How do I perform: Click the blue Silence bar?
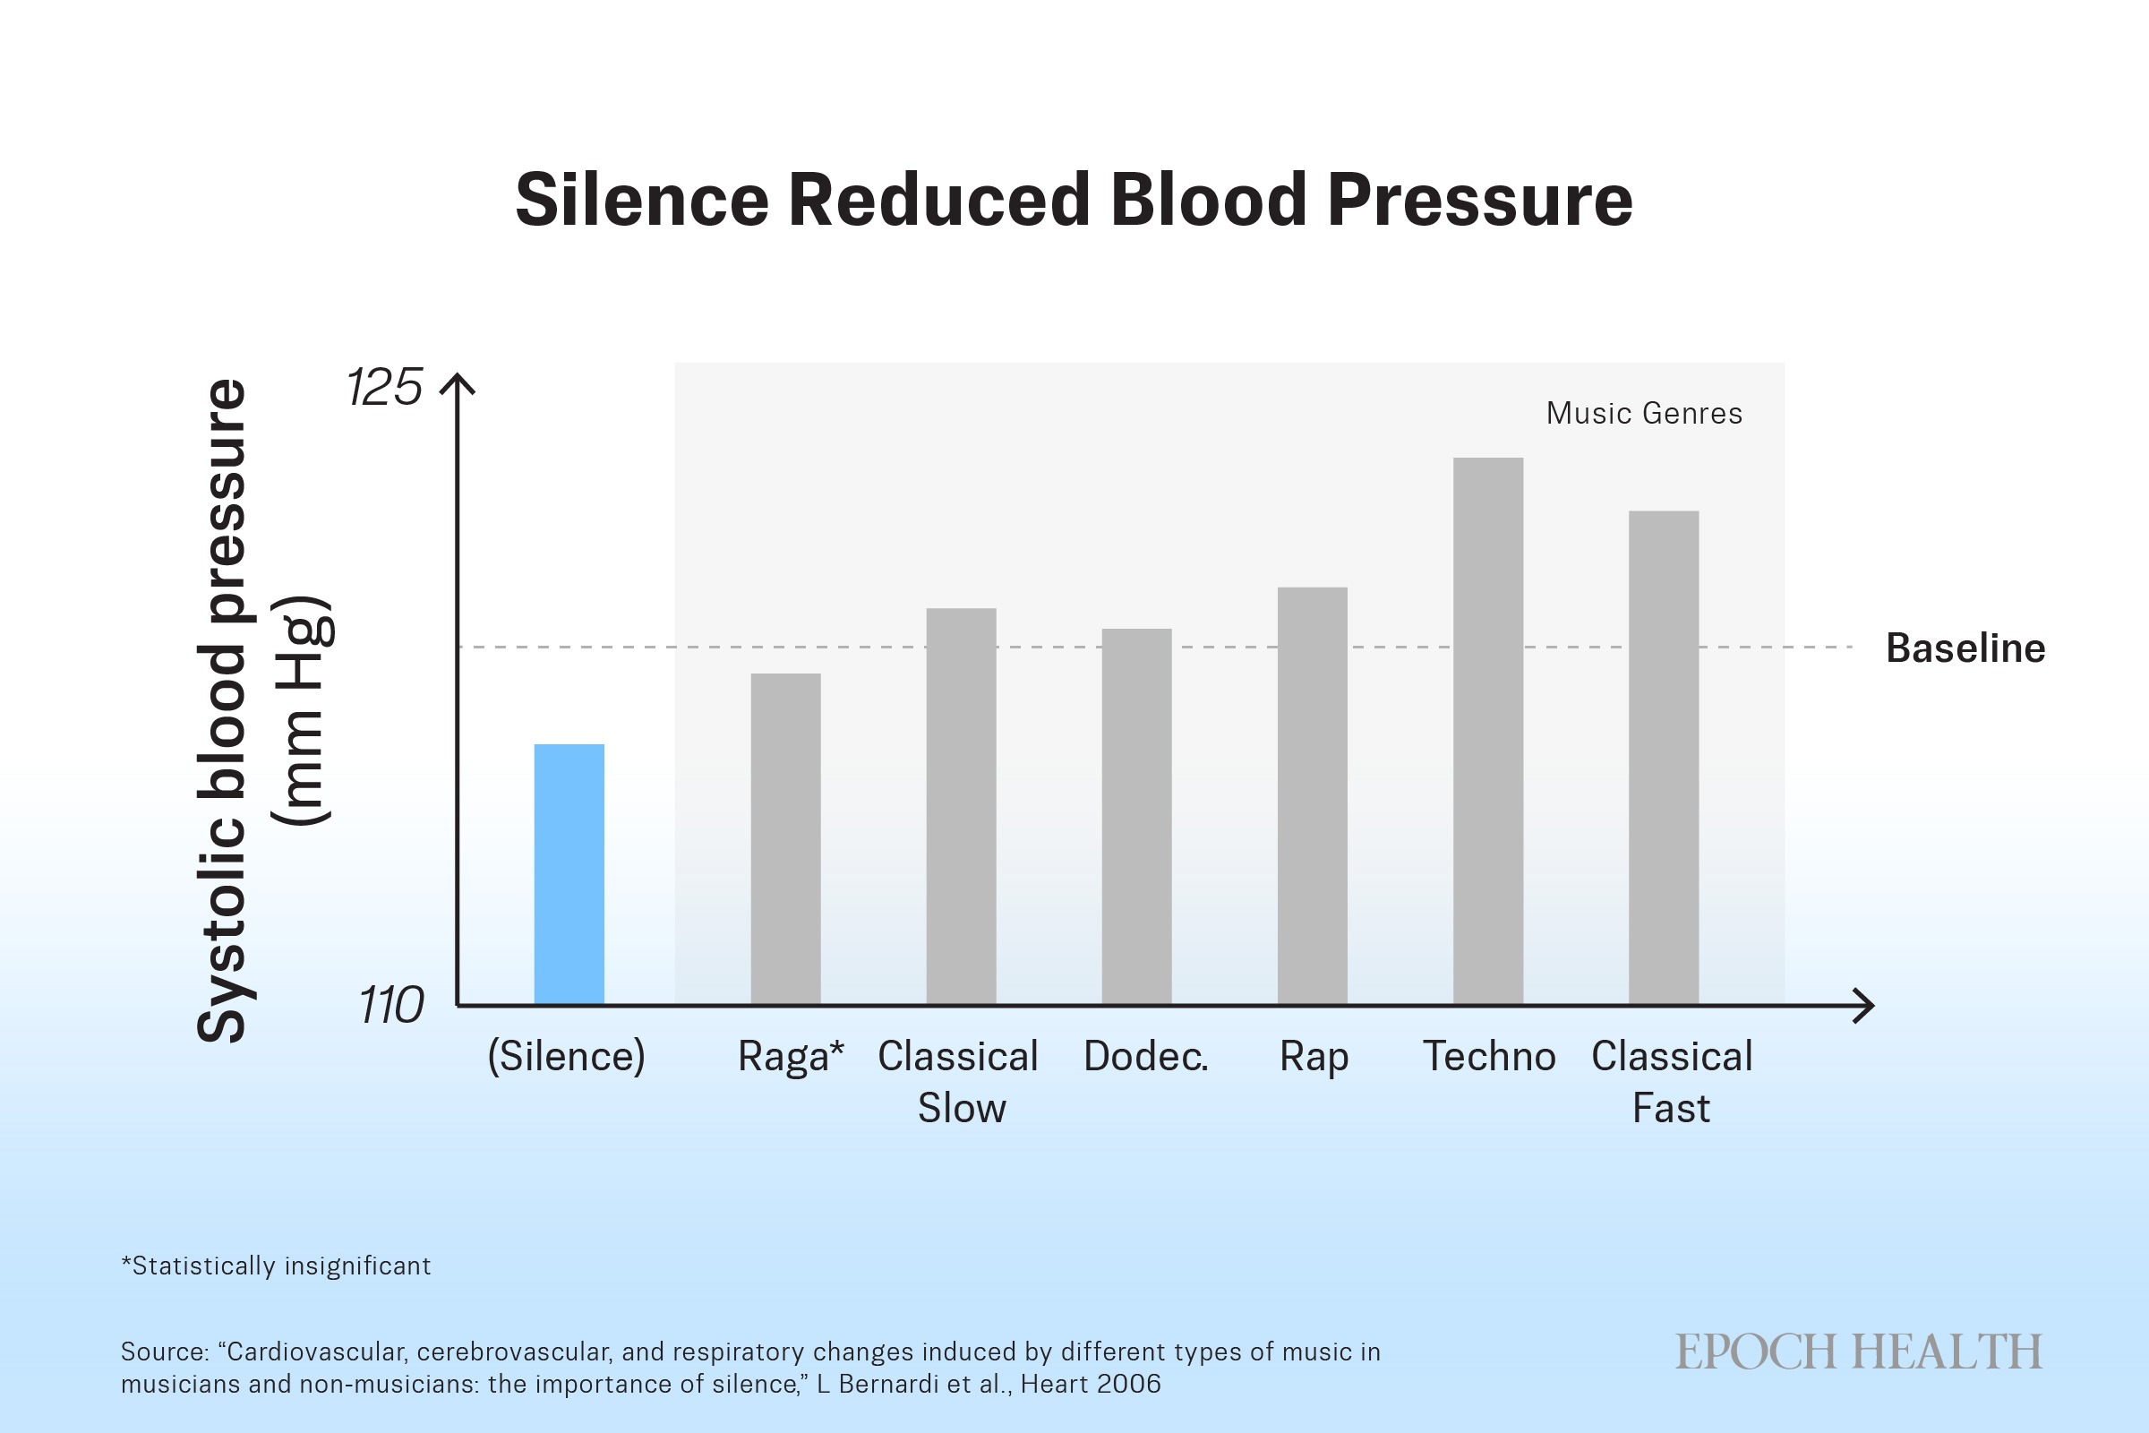(569, 875)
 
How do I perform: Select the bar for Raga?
(786, 839)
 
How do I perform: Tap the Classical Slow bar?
(961, 806)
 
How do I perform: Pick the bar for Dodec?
(1136, 816)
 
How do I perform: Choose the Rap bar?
(1312, 796)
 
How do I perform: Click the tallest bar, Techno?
(1488, 731)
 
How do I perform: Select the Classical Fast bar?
(1664, 758)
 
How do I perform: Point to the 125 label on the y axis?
(385, 388)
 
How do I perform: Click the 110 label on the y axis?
(391, 1006)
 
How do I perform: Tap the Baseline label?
(1965, 648)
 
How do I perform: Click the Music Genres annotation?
(1644, 414)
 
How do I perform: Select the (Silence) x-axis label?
(567, 1057)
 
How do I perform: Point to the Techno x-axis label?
(1489, 1057)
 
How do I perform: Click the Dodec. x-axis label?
(1146, 1057)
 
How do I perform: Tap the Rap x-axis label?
(1314, 1059)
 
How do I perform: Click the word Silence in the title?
(642, 200)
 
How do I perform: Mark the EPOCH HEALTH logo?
(1859, 1352)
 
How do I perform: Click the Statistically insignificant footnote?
(276, 1266)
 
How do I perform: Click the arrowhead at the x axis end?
(1864, 1005)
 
